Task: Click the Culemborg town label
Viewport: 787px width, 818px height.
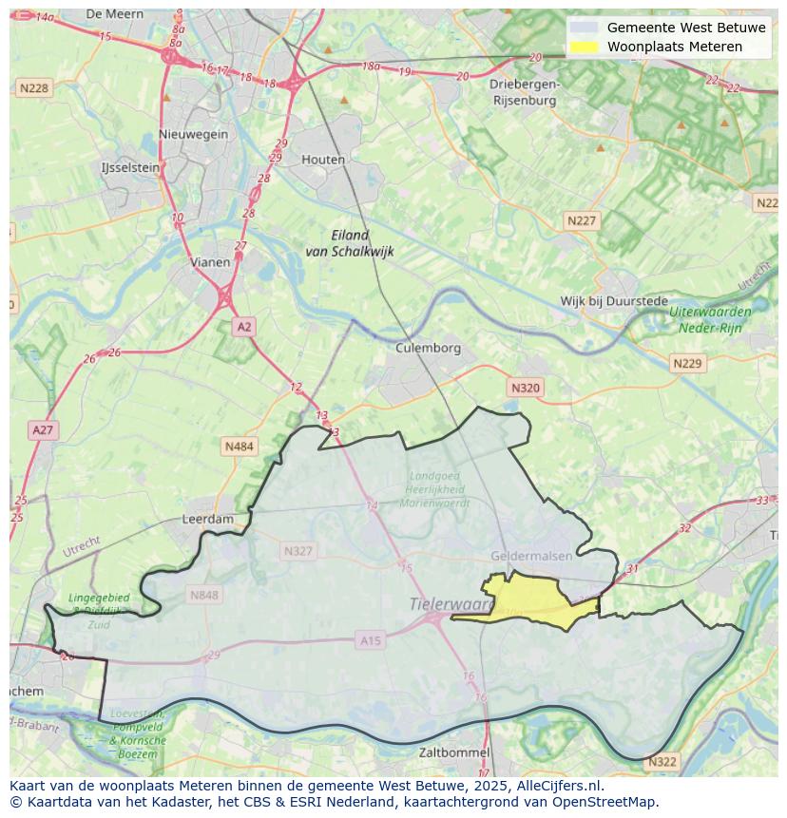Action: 428,348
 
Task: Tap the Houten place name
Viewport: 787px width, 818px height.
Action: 323,160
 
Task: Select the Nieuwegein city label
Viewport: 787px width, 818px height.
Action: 194,134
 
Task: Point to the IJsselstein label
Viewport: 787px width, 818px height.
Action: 130,167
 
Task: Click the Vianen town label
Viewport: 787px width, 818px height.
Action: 210,262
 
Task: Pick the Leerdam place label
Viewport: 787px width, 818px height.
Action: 207,520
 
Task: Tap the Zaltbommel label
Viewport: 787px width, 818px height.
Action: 454,752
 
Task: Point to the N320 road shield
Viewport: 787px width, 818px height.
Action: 525,388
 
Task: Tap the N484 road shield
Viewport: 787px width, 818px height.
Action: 240,446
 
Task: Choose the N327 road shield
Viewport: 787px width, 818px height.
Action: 298,551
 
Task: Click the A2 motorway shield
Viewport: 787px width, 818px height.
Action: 244,327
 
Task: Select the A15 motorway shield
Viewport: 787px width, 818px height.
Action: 371,641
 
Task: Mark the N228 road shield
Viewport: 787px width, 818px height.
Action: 33,88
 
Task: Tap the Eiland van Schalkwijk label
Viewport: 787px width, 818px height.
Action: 350,243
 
